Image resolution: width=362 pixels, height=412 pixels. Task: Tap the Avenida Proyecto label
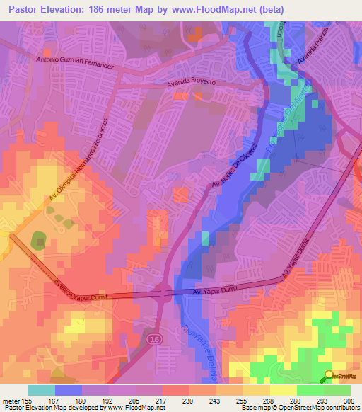tap(191, 83)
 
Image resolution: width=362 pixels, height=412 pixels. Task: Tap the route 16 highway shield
tap(153, 341)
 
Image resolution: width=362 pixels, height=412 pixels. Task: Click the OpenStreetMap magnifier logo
tap(329, 376)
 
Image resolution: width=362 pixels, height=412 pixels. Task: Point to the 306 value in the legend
tap(349, 401)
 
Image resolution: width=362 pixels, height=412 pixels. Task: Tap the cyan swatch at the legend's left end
tap(41, 390)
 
